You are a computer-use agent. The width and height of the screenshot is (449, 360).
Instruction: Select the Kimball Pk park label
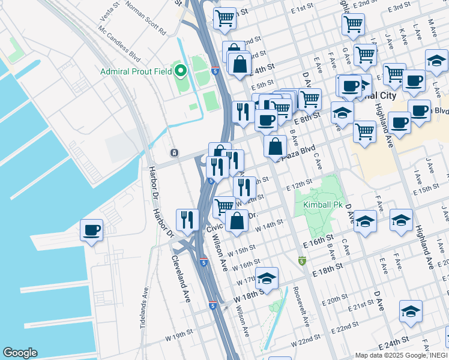pos(317,205)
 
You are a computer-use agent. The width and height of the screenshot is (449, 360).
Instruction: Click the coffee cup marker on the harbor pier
pos(91,230)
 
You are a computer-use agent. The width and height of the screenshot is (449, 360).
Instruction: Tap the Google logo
pos(20,353)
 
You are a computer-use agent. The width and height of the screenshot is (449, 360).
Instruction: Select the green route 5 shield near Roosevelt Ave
pos(302,261)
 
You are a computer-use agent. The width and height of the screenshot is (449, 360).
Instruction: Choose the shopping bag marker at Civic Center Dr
pos(237,221)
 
